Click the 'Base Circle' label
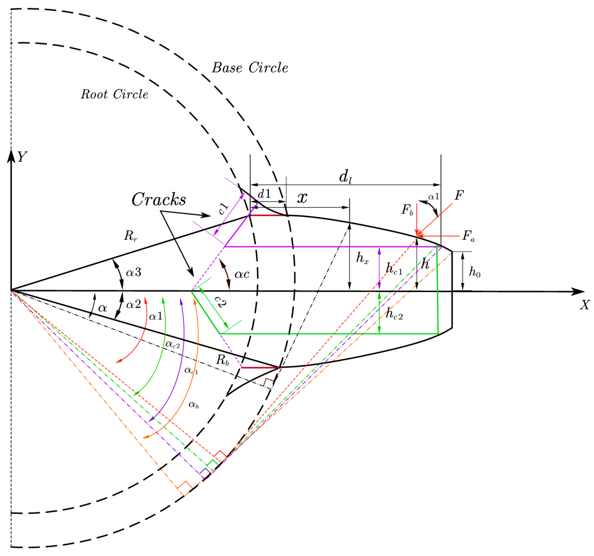[x=250, y=68]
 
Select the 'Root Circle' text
[x=114, y=94]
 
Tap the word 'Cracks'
[x=159, y=199]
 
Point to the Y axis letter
[x=22, y=157]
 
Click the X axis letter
[x=585, y=305]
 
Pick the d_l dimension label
[x=345, y=177]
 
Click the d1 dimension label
[x=264, y=194]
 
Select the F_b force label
[x=407, y=210]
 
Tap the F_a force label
[x=468, y=235]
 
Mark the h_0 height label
[x=475, y=272]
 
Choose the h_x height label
[x=362, y=258]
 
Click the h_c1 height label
[x=394, y=269]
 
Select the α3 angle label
[x=133, y=272]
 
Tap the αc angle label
[x=242, y=274]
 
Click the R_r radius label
[x=130, y=235]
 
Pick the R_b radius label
[x=222, y=360]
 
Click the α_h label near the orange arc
[x=194, y=405]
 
